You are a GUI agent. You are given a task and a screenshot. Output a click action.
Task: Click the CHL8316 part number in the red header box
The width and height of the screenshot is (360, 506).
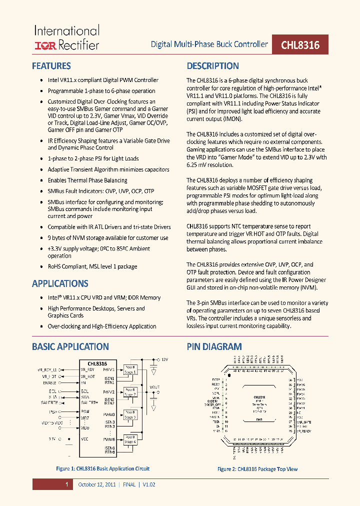pyautogui.click(x=300, y=45)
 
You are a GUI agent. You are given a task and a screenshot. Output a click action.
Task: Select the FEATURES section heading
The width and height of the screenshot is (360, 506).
pyautogui.click(x=51, y=66)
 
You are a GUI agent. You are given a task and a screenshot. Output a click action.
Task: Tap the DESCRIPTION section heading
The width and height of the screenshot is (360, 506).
pyautogui.click(x=212, y=66)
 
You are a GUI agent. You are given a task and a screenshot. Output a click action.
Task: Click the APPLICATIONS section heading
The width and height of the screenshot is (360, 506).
pyautogui.click(x=60, y=283)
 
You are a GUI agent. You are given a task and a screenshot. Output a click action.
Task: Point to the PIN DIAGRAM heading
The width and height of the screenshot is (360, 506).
pyautogui.click(x=214, y=346)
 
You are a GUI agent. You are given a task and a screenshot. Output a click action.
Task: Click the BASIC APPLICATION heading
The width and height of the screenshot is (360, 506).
pyautogui.click(x=70, y=346)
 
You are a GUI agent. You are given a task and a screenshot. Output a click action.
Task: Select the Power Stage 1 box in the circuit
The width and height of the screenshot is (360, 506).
pyautogui.click(x=130, y=370)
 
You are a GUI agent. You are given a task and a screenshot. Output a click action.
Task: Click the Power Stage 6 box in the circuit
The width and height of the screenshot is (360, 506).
pyautogui.click(x=130, y=440)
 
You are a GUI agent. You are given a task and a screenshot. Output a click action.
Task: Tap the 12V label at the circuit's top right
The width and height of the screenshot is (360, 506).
pyautogui.click(x=164, y=359)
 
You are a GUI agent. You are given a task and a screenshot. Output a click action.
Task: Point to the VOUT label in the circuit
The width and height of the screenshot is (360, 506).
pyautogui.click(x=155, y=386)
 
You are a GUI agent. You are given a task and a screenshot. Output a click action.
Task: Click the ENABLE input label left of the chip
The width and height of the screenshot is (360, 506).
pyautogui.click(x=50, y=382)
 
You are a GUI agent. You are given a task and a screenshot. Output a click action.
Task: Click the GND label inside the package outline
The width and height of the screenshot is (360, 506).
pyautogui.click(x=259, y=419)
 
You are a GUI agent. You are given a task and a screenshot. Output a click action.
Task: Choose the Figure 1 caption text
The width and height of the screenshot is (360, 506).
pyautogui.click(x=102, y=468)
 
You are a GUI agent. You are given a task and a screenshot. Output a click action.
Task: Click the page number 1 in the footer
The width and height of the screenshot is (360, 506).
pyautogui.click(x=65, y=484)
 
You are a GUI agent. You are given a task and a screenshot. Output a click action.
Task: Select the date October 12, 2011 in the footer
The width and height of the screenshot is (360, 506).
pyautogui.click(x=96, y=484)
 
